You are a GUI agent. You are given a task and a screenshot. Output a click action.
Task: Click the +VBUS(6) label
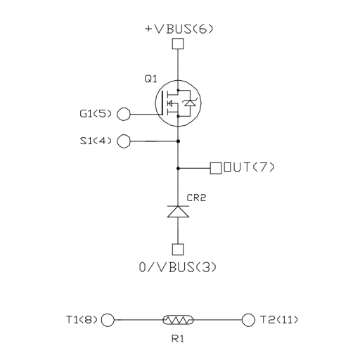tap(179, 29)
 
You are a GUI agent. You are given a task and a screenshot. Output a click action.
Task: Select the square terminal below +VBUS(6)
tap(178, 44)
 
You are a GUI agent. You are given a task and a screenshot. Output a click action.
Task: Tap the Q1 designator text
tap(150, 79)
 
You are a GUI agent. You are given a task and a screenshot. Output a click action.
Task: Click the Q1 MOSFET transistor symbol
tap(178, 103)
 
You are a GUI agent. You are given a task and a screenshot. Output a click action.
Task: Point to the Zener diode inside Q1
tap(190, 103)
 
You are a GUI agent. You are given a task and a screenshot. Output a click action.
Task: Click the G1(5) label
tap(96, 114)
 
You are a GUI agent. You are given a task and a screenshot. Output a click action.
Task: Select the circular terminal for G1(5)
tap(124, 114)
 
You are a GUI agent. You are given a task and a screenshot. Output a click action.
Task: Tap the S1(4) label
tap(96, 141)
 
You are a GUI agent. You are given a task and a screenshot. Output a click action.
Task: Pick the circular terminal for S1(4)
tap(124, 141)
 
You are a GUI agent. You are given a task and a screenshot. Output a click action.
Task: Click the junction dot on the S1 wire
tap(178, 141)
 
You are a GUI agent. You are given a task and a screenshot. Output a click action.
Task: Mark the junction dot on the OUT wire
tap(178, 168)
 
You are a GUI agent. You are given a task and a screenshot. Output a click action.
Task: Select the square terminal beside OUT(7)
tap(216, 168)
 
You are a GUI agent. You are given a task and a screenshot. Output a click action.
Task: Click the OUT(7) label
tap(249, 167)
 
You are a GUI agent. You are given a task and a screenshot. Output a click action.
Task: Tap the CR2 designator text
tap(196, 198)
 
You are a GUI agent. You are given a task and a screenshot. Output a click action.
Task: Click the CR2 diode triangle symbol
tap(178, 212)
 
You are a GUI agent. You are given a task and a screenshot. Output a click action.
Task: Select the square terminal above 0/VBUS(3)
tap(178, 250)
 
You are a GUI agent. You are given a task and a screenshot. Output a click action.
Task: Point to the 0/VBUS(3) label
tap(178, 267)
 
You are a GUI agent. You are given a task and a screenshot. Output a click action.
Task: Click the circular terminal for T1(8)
tap(108, 320)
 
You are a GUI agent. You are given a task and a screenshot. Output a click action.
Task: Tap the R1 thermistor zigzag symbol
tap(178, 320)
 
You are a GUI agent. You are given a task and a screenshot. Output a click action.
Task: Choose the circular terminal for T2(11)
tap(248, 320)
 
